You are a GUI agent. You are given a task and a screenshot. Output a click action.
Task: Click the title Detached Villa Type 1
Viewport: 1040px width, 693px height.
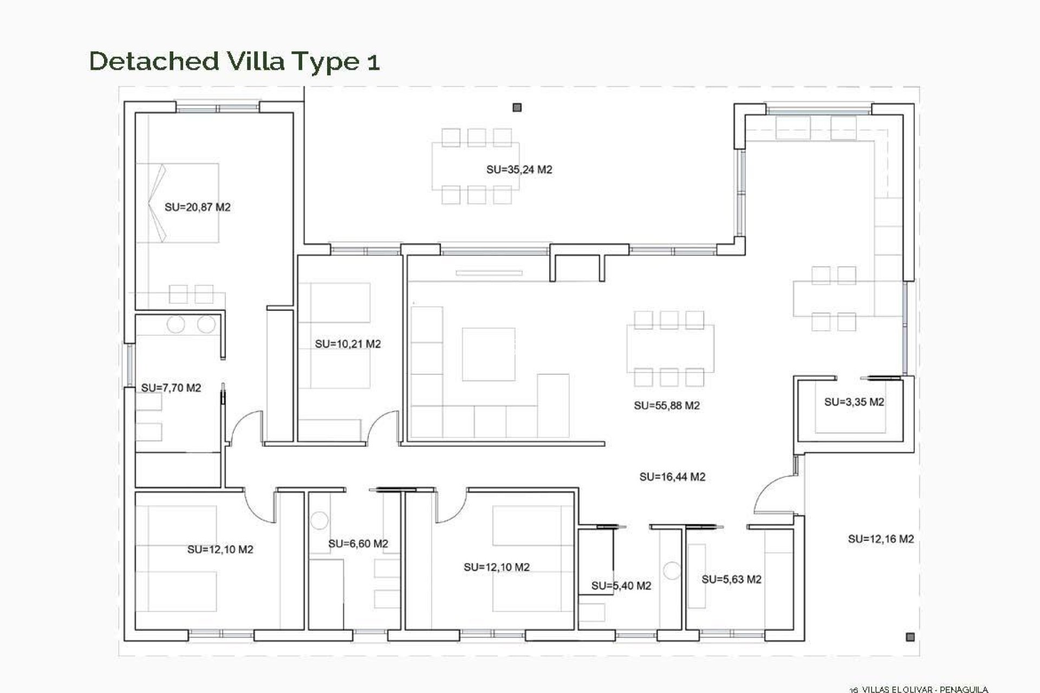pyautogui.click(x=234, y=61)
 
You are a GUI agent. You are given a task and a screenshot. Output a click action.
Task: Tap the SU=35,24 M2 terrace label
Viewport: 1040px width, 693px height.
pyautogui.click(x=519, y=170)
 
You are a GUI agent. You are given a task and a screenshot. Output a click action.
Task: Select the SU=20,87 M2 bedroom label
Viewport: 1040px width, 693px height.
pyautogui.click(x=197, y=207)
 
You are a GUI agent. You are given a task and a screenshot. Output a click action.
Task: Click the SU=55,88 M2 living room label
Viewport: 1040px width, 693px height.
pyautogui.click(x=666, y=406)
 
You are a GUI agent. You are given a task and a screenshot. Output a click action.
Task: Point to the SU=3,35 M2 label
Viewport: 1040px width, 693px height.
pyautogui.click(x=854, y=402)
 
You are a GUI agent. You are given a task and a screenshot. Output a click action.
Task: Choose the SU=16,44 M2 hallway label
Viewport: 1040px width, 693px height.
pyautogui.click(x=672, y=477)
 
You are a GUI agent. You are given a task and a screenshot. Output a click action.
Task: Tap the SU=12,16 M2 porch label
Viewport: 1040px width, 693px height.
pyautogui.click(x=881, y=539)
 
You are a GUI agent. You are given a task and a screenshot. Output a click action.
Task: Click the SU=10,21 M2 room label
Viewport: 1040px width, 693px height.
pyautogui.click(x=348, y=344)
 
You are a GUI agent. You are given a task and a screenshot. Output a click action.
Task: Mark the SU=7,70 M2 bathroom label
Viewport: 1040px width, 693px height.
pyautogui.click(x=171, y=388)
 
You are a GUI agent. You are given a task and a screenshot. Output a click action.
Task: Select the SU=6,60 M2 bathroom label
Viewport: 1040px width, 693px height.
pyautogui.click(x=358, y=544)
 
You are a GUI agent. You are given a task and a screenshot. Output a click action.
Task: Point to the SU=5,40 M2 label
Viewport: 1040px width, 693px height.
pyautogui.click(x=621, y=586)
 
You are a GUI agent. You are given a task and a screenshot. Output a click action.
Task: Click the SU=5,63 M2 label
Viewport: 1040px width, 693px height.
pyautogui.click(x=731, y=580)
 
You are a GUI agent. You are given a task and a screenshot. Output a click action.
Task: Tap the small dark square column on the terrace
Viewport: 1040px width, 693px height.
pyautogui.click(x=517, y=108)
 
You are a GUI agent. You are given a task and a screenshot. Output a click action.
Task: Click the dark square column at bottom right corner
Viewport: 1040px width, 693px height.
pyautogui.click(x=910, y=637)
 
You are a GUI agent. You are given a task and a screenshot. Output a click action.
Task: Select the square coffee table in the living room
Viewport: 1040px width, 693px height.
pyautogui.click(x=488, y=354)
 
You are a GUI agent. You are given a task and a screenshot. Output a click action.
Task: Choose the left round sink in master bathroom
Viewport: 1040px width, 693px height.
pyautogui.click(x=176, y=325)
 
